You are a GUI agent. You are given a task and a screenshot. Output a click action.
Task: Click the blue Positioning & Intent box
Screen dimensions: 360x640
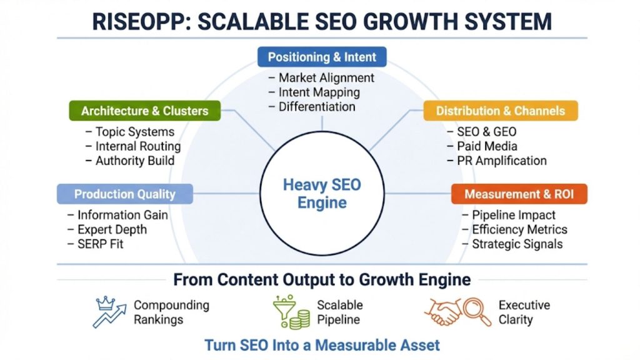(x=322, y=57)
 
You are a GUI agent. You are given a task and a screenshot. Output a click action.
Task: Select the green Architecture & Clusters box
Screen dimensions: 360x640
(x=144, y=111)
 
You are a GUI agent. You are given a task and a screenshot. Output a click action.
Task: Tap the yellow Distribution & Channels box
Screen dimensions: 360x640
(x=500, y=111)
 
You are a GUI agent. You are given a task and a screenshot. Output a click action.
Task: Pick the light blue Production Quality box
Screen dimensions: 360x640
(x=125, y=194)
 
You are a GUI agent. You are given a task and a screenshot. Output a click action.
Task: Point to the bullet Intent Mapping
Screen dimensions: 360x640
(x=319, y=92)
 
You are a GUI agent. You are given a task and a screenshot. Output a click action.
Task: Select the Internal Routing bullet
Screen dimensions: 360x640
(x=137, y=146)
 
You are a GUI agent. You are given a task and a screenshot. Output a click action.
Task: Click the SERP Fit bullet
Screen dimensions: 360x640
(x=101, y=243)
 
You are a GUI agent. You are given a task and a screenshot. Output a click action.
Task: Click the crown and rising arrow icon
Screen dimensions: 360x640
(x=109, y=312)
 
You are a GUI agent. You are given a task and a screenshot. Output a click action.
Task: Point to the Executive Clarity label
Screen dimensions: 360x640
(x=524, y=312)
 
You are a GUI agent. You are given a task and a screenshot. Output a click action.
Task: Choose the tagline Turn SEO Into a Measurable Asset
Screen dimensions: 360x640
(x=322, y=344)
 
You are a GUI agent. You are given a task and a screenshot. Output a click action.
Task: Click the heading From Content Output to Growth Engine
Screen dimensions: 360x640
(x=322, y=279)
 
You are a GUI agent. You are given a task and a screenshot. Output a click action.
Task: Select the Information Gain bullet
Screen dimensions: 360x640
(x=122, y=215)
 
